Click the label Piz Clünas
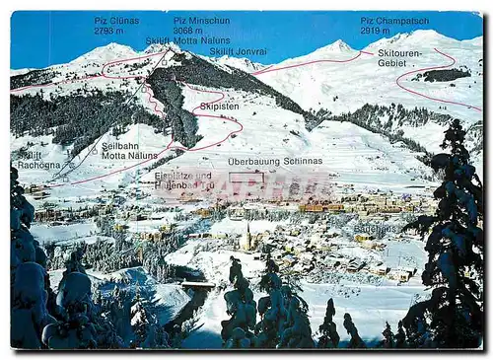(116, 20)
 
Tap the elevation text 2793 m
(108, 31)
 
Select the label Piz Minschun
(201, 20)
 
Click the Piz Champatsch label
(393, 20)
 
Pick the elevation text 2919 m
(375, 31)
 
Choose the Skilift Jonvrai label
(238, 50)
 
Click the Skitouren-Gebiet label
(399, 57)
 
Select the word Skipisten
(219, 105)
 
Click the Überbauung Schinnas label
(275, 161)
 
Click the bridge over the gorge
(195, 284)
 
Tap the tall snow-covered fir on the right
(453, 237)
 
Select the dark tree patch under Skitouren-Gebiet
(442, 75)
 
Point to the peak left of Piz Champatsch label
(338, 44)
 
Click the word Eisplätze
(172, 175)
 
